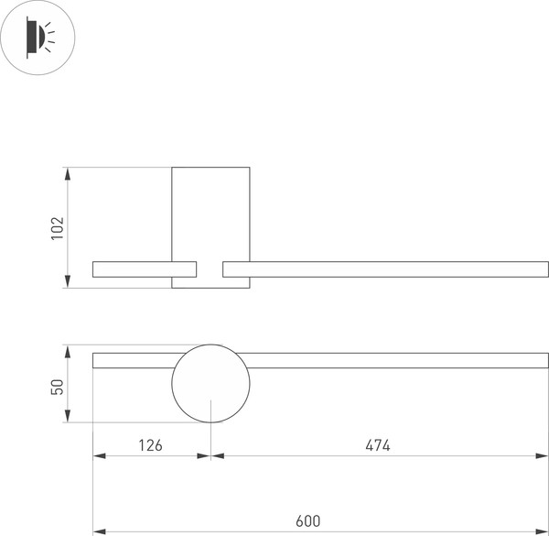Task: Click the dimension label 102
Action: click(x=57, y=228)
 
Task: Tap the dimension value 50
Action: click(x=57, y=386)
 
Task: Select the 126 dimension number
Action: click(x=150, y=445)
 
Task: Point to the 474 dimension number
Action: click(x=378, y=445)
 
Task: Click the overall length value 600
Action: click(x=308, y=521)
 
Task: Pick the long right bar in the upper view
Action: click(x=384, y=268)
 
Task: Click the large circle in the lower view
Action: click(x=210, y=384)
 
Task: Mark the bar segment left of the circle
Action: click(x=133, y=360)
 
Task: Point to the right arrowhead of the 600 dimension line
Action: click(x=543, y=531)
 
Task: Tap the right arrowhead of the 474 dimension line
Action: click(x=543, y=455)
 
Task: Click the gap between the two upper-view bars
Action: click(x=210, y=268)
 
